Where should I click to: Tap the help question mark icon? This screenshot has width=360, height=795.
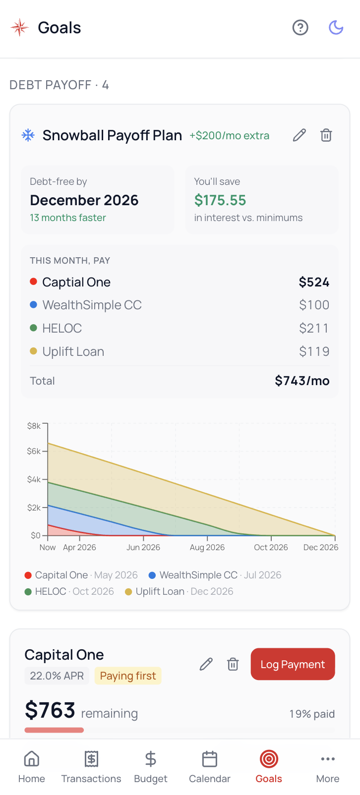point(300,28)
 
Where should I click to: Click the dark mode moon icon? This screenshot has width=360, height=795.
point(336,28)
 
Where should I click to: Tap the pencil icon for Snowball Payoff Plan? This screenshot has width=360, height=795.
point(300,135)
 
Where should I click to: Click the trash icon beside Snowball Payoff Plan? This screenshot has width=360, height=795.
point(326,135)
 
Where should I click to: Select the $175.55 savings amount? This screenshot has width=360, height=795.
point(220,200)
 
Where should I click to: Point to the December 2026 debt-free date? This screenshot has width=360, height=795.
point(84,200)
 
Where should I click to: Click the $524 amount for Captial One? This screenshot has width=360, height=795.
point(314,282)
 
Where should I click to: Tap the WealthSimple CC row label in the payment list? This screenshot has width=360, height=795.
point(92,305)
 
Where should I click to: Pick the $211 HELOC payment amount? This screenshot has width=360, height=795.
point(314,328)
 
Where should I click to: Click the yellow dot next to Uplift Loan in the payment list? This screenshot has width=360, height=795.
point(34,351)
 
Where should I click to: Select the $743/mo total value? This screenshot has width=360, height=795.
point(302,381)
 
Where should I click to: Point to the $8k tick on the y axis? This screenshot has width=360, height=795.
point(34,426)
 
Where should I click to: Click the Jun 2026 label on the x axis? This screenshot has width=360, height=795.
point(143,547)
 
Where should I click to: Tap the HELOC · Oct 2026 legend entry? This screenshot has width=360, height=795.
point(69,591)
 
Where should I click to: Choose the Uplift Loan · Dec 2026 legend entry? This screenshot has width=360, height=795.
point(179,591)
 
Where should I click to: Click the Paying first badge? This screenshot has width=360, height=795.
point(128,676)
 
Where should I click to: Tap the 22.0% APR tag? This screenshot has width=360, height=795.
point(57,676)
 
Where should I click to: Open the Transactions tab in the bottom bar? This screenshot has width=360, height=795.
point(91,767)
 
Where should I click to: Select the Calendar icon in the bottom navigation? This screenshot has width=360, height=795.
point(210,759)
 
